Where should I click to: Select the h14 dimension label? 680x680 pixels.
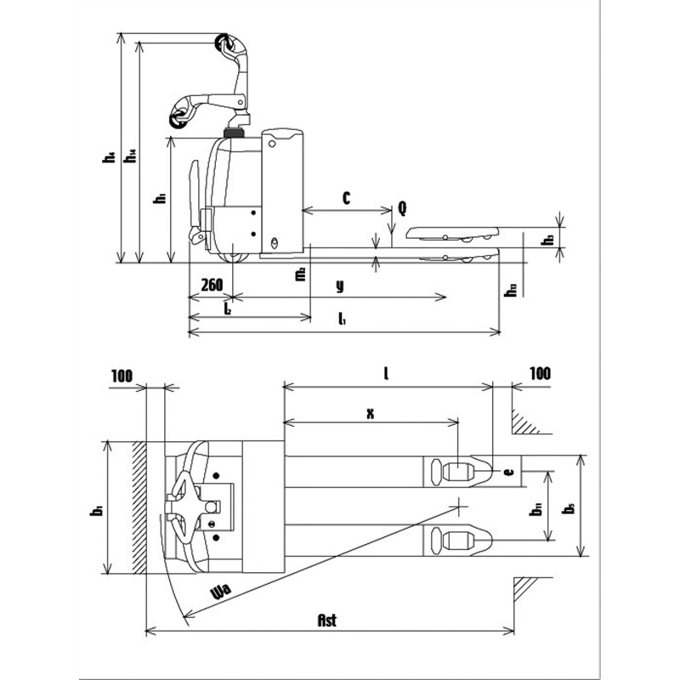coord(131,157)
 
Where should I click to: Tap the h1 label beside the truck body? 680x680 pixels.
coord(158,200)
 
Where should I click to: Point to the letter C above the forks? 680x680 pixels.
coord(347,197)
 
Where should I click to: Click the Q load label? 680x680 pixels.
coord(401,207)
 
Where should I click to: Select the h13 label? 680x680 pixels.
coord(510,290)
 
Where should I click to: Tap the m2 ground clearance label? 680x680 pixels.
coord(299,274)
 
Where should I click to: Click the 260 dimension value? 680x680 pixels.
coord(211,284)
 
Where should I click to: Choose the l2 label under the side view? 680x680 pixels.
coord(229,310)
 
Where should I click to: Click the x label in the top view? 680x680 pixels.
coord(370,413)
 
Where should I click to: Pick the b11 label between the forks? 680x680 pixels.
coord(536,510)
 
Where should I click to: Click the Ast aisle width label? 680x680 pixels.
coord(327,620)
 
